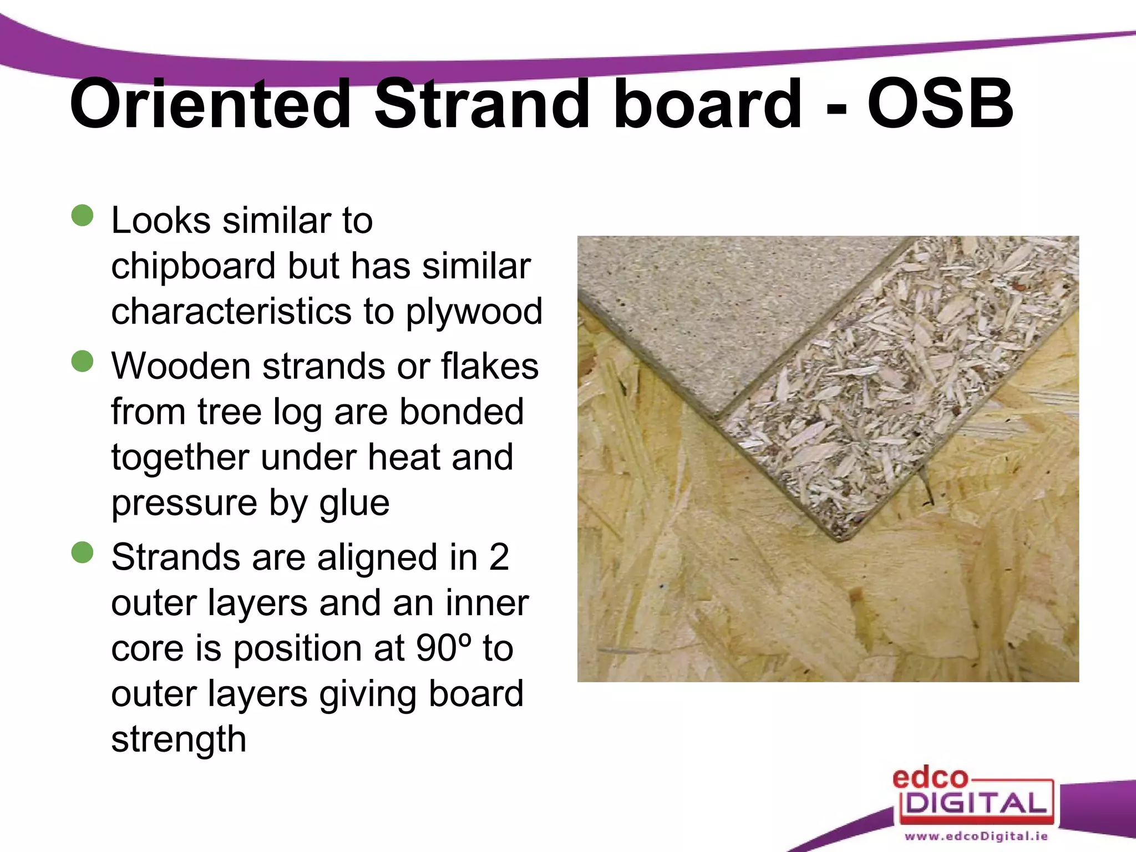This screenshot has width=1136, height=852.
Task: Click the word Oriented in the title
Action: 210,104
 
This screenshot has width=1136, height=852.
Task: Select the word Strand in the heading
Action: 480,104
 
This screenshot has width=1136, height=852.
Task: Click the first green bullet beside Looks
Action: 83,215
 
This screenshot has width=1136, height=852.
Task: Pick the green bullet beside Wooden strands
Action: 83,361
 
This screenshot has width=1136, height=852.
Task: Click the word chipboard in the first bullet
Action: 193,266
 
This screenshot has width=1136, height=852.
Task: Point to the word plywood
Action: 474,312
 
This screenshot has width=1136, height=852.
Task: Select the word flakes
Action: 489,367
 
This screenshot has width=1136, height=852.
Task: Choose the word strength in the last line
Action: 179,740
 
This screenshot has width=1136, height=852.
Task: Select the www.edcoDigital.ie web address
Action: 976,836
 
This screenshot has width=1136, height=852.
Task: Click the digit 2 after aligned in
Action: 499,557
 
